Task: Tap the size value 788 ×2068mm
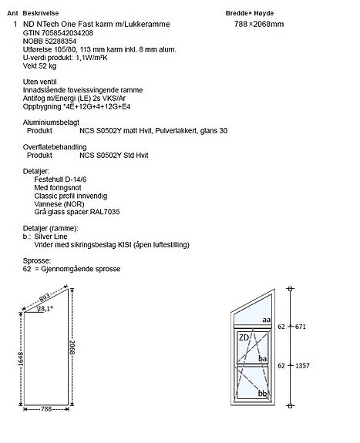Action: tap(259, 25)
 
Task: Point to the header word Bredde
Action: tap(237, 14)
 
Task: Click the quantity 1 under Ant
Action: tap(15, 25)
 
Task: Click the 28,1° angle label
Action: tap(45, 308)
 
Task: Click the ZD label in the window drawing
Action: tap(243, 337)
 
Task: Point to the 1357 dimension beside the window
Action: tap(301, 365)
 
